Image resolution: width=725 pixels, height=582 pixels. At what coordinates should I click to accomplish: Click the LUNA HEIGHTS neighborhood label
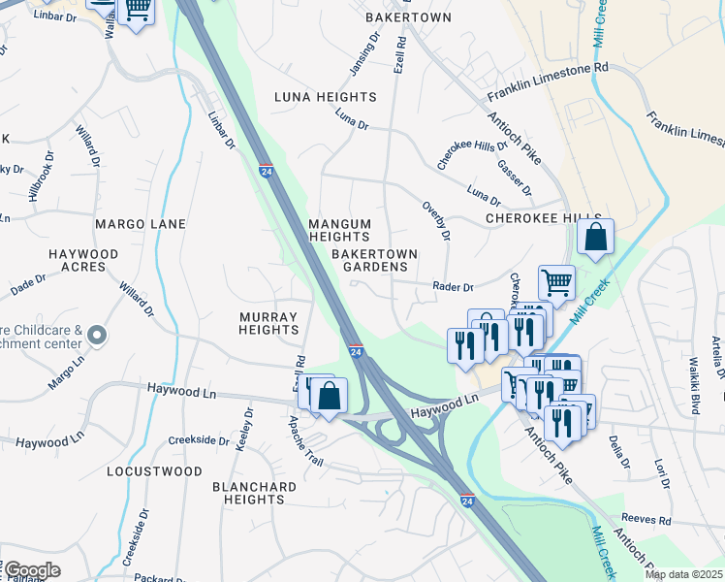[x=325, y=97]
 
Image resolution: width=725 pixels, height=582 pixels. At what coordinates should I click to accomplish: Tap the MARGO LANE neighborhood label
[x=140, y=224]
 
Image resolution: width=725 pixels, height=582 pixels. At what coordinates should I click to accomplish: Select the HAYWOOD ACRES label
[x=83, y=260]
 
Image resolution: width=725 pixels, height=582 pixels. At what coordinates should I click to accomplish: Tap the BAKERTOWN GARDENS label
[x=374, y=260]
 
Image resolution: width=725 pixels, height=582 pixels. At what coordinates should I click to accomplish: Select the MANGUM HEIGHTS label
[x=339, y=230]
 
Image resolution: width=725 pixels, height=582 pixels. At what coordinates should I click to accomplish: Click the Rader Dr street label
[x=453, y=287]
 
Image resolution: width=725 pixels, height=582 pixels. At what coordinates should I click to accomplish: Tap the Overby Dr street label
[x=437, y=221]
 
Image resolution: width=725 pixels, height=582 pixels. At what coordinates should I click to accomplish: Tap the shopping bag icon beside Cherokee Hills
[x=594, y=236]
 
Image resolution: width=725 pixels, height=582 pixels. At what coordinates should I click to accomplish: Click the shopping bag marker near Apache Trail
[x=329, y=396]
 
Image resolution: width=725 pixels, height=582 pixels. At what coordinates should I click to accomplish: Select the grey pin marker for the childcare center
[x=96, y=336]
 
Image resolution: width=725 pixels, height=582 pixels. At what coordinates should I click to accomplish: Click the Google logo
[x=31, y=570]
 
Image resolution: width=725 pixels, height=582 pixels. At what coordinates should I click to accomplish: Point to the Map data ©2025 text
[x=683, y=574]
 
